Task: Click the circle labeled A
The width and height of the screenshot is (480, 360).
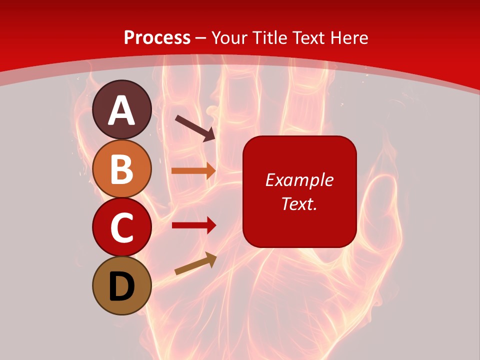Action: pyautogui.click(x=121, y=109)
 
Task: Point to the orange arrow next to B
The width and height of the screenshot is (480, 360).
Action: pyautogui.click(x=193, y=170)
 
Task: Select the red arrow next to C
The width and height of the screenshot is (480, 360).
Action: pyautogui.click(x=193, y=225)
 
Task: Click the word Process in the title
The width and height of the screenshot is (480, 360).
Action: pyautogui.click(x=157, y=37)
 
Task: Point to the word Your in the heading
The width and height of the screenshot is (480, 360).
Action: pyautogui.click(x=231, y=37)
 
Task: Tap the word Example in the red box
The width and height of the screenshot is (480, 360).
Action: pyautogui.click(x=299, y=180)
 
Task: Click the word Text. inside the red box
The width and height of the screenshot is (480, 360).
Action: pyautogui.click(x=299, y=203)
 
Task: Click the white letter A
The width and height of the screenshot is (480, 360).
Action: pyautogui.click(x=121, y=110)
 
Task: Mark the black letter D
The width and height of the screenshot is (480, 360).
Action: pyautogui.click(x=121, y=286)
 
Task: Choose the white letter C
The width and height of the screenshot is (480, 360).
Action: pyautogui.click(x=121, y=227)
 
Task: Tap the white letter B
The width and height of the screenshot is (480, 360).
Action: pyautogui.click(x=121, y=169)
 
